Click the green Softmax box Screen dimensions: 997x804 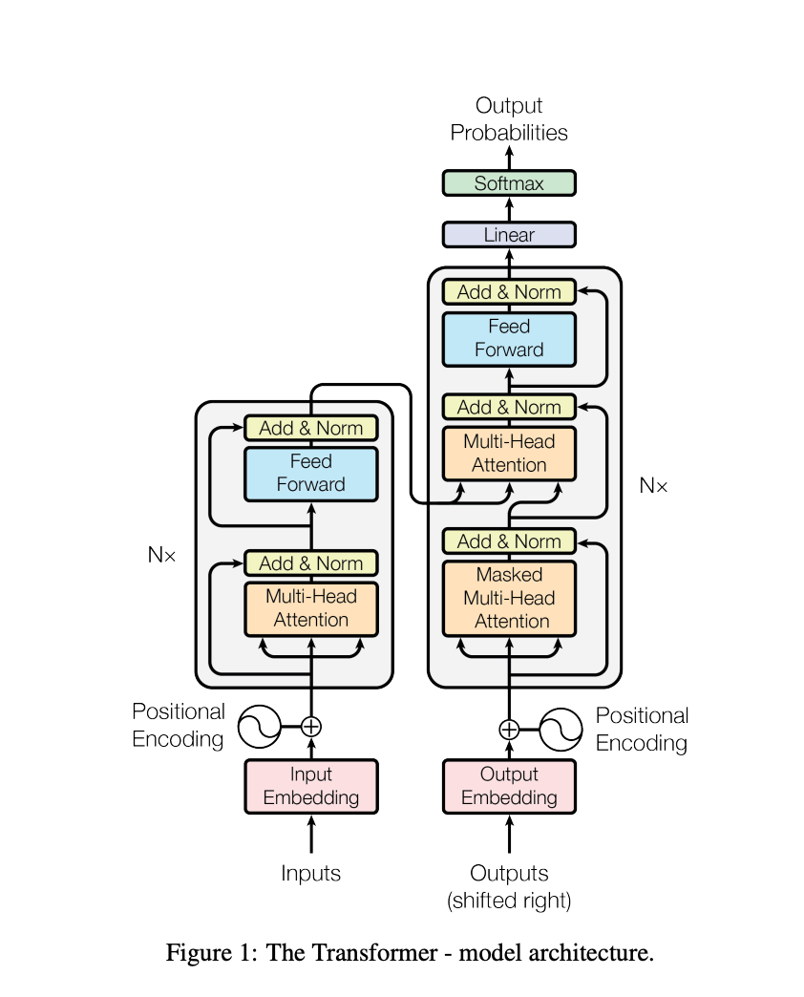(509, 183)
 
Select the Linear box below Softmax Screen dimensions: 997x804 (509, 235)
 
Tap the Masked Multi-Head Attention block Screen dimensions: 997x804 (509, 598)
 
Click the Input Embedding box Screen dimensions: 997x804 (311, 786)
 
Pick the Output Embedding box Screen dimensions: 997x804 (509, 786)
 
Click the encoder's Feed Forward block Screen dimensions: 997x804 (311, 473)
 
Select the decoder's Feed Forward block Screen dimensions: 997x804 (509, 338)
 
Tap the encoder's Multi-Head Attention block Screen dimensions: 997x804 (311, 608)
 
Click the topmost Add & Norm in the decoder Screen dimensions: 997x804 (509, 292)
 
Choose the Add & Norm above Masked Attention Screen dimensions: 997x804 (509, 541)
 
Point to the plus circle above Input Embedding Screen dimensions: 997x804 (311, 727)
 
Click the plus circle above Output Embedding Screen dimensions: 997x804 (509, 730)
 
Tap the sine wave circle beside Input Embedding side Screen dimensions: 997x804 (258, 727)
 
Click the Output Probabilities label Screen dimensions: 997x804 (509, 119)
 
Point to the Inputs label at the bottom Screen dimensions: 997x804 (311, 873)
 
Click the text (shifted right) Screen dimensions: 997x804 (509, 900)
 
